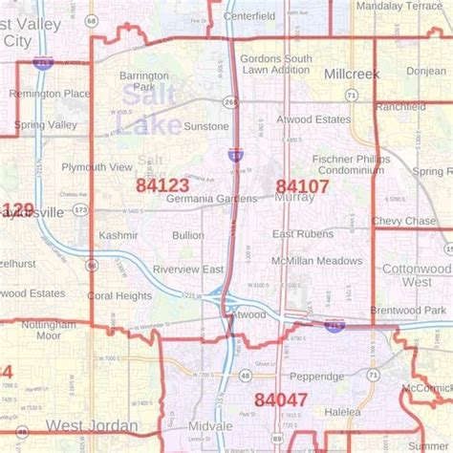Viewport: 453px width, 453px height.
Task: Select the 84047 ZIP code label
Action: coord(281,399)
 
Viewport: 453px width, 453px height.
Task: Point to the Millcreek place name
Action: coord(352,74)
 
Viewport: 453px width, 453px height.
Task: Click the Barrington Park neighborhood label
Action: coord(144,81)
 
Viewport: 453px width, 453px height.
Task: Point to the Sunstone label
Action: coord(205,126)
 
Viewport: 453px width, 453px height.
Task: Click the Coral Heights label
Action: coord(119,296)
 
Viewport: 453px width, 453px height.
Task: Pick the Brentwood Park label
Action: coord(408,312)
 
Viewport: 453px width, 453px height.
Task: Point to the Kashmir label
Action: coord(118,235)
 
